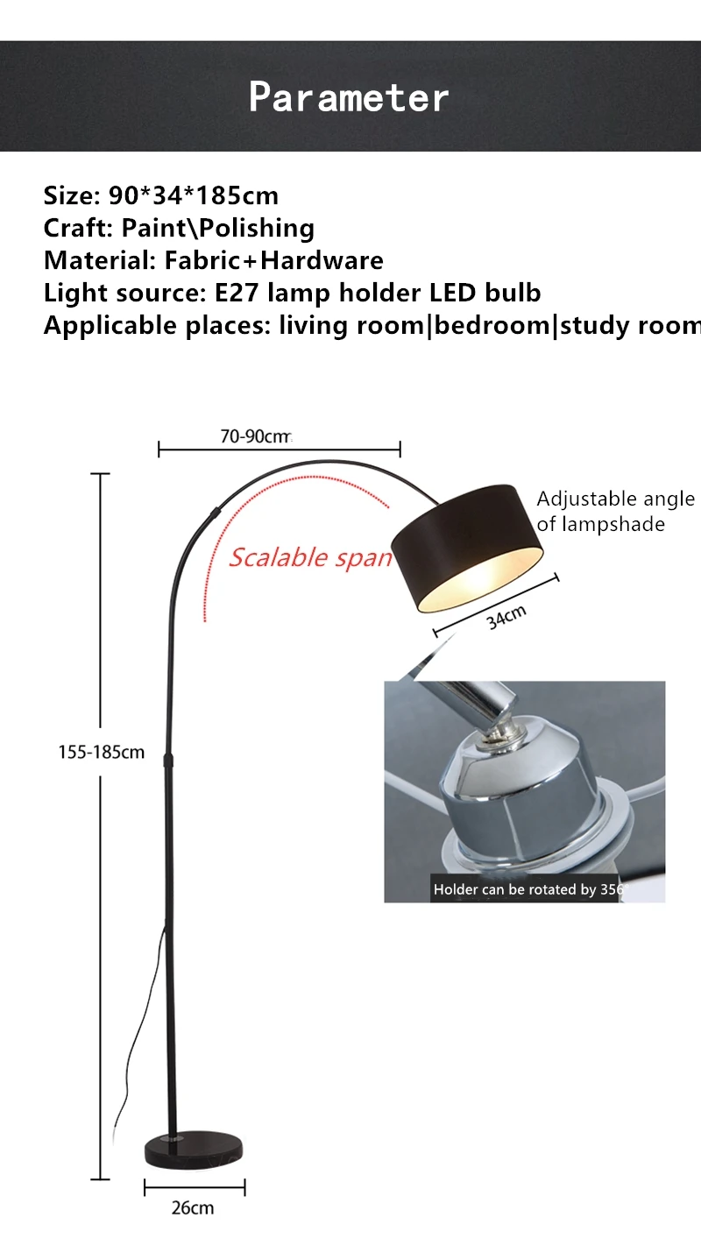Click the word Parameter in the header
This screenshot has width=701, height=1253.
pyautogui.click(x=349, y=96)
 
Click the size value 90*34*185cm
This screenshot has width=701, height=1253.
pyautogui.click(x=193, y=195)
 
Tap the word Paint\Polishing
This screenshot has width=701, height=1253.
pyautogui.click(x=217, y=228)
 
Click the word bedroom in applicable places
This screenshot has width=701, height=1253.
pyautogui.click(x=492, y=325)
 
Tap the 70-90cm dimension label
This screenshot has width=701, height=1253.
pyautogui.click(x=255, y=435)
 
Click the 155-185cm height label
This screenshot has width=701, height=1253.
pyautogui.click(x=101, y=752)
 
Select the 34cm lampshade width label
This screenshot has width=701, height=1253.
pyautogui.click(x=506, y=616)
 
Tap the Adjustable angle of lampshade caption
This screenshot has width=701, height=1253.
pyautogui.click(x=614, y=511)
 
